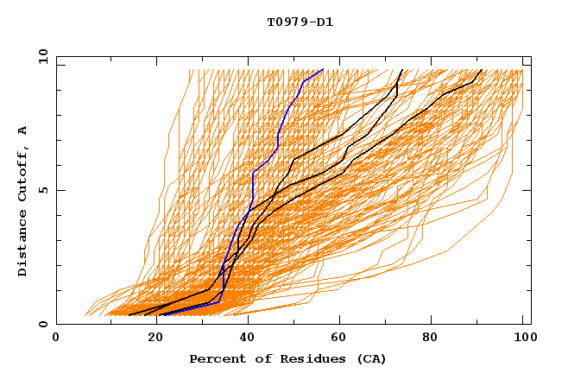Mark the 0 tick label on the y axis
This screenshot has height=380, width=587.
pos(42,325)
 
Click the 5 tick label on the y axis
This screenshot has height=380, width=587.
pos(42,190)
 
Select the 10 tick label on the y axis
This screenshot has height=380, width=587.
pos(40,56)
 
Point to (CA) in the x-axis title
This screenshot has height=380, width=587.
pos(369,358)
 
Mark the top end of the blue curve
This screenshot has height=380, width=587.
pos(323,70)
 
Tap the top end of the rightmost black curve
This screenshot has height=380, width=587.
pos(482,70)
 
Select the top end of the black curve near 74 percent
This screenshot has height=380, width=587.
pos(402,70)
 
